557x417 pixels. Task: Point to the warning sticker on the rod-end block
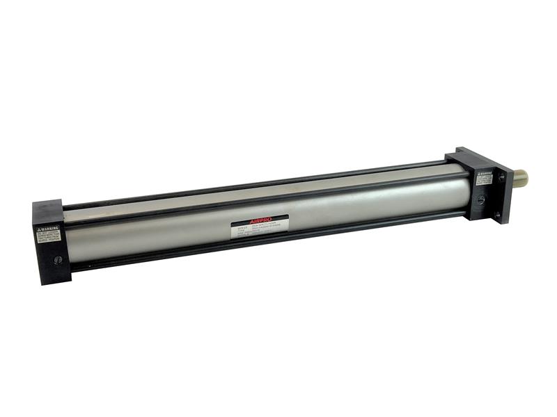pyautogui.click(x=485, y=177)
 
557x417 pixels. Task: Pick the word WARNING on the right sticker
pyautogui.click(x=487, y=173)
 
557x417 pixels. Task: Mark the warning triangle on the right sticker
pyautogui.click(x=479, y=174)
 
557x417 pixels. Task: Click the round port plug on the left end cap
pyautogui.click(x=58, y=260)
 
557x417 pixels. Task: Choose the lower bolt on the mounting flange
pyautogui.click(x=496, y=215)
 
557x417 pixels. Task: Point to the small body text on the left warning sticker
pyautogui.click(x=48, y=236)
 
